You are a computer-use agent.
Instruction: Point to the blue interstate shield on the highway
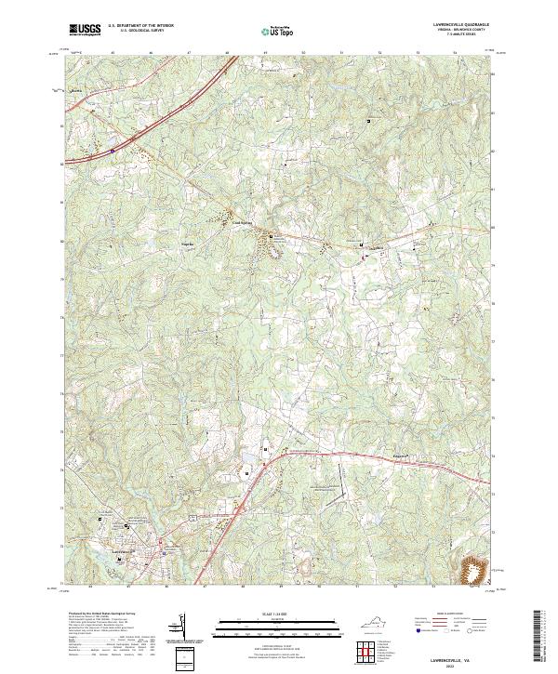(x=112, y=148)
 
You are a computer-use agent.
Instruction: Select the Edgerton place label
(x=372, y=456)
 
